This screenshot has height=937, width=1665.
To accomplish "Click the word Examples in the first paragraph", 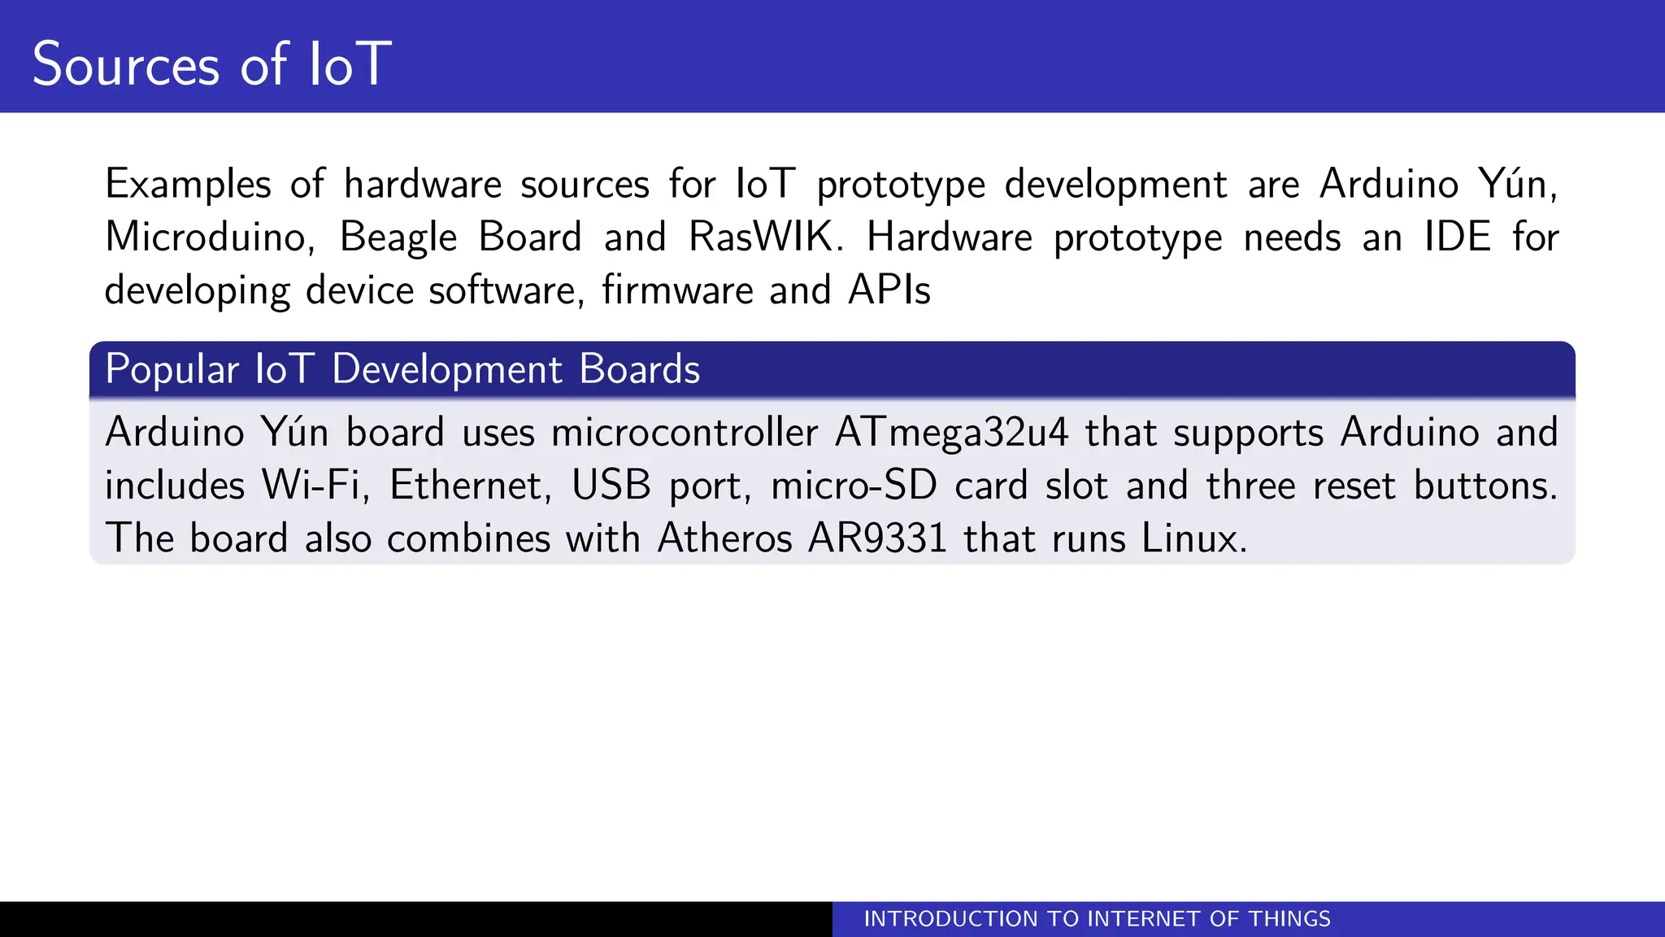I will click(x=188, y=184).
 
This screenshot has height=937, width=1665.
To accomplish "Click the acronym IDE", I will click(x=1457, y=238).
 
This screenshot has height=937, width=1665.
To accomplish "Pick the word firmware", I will click(x=677, y=290).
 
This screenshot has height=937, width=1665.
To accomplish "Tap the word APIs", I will click(x=889, y=290).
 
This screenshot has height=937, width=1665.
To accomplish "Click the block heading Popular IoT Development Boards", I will click(x=402, y=369).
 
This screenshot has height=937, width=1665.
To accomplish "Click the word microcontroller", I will click(x=684, y=433).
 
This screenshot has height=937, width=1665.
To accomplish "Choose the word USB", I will click(x=611, y=486).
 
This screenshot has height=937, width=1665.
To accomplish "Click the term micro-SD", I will click(x=853, y=486).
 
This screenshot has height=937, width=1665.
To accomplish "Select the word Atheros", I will click(x=724, y=538).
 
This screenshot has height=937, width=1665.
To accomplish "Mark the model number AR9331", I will click(x=876, y=538).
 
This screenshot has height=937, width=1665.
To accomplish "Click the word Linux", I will click(x=1193, y=538).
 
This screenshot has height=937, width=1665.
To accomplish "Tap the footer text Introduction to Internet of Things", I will click(x=1097, y=919).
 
